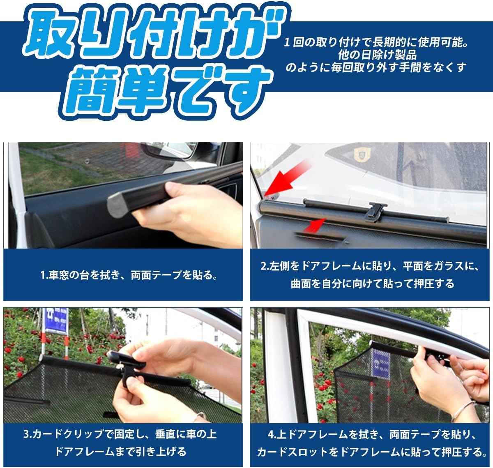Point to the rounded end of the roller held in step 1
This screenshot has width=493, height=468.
point(117,206)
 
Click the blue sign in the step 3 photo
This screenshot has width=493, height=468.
point(56,321)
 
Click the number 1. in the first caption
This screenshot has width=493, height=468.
point(44,275)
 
